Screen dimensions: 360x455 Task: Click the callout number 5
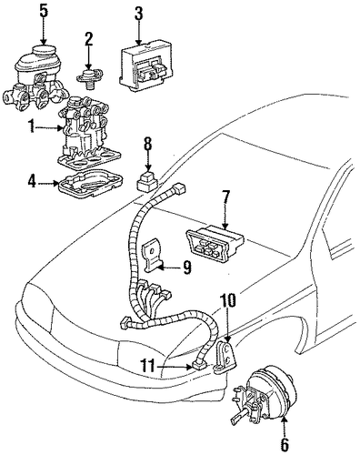[x=44, y=11]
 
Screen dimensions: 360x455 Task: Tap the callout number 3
[x=138, y=13]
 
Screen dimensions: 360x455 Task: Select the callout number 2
[x=88, y=39]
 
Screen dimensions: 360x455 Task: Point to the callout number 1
[x=31, y=126]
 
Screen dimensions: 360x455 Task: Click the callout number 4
[x=32, y=183]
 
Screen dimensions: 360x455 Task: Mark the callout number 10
[x=228, y=300]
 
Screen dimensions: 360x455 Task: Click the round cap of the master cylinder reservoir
[x=45, y=51]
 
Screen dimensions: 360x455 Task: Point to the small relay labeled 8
[x=147, y=181]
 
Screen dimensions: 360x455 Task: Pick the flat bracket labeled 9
[x=153, y=255]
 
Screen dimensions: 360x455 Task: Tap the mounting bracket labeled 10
[x=225, y=358]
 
